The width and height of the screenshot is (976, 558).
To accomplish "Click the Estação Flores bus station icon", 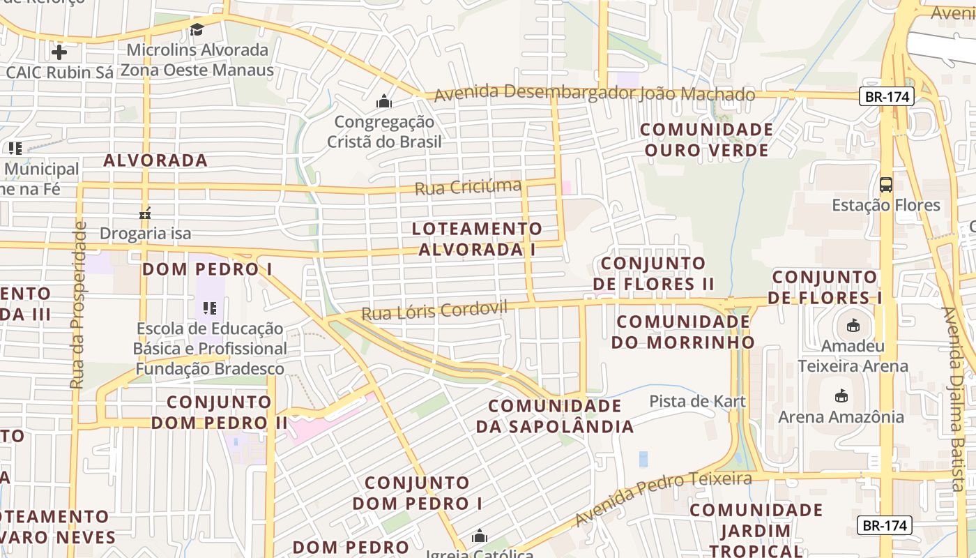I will point(885,185).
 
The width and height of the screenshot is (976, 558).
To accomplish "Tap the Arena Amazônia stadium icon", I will point(841,396).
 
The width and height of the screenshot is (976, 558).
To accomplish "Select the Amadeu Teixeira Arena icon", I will point(853,325).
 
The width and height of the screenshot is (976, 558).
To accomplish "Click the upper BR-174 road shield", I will point(886,97).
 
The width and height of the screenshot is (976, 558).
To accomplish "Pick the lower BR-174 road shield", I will point(885,525).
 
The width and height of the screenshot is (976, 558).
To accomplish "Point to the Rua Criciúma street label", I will point(468,187).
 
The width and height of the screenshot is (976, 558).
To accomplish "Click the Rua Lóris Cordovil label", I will point(434,310).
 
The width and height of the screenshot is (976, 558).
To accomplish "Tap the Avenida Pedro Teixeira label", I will point(662,497).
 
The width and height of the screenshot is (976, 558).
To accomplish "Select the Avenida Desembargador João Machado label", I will point(595,93).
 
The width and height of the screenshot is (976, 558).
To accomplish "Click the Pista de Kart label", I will point(697,401).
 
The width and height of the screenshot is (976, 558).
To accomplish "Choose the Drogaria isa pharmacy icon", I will point(145,213).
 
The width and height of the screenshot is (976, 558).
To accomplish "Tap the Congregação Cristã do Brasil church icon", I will point(383,102).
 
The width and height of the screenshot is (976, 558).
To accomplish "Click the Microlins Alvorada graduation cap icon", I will point(197,29).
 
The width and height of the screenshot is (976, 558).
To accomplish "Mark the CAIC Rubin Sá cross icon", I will point(59,52).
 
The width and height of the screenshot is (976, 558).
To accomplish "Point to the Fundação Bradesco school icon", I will point(210,308).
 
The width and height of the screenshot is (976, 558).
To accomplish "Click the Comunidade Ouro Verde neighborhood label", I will point(706,139).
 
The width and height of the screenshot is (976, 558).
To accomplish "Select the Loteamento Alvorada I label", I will point(477,239).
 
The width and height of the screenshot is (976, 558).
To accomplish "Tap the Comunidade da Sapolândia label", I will point(554,416).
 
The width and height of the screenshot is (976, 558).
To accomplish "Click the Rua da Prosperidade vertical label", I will point(77,305).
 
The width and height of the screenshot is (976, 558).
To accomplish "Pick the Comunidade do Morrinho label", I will point(683,331).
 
